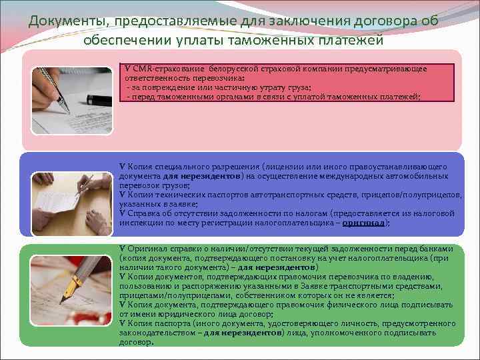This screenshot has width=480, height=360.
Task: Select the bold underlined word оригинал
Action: coord(363,223)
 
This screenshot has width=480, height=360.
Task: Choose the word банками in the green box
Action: coord(437,249)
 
